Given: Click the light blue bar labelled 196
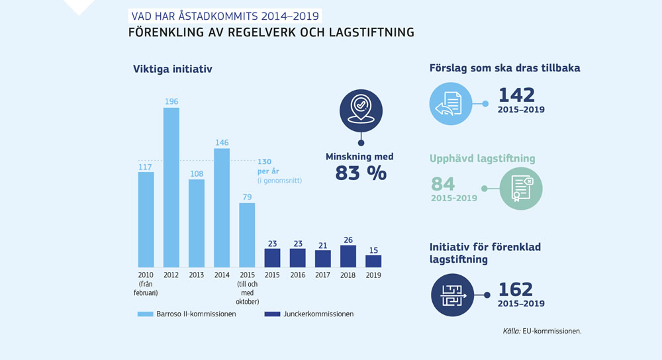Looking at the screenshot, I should [x=171, y=187].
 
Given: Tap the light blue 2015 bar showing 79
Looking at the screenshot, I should [x=247, y=234].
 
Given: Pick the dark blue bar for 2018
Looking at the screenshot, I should [x=348, y=256].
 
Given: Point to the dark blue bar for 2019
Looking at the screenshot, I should [x=373, y=261].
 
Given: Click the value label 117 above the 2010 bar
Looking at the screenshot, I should [x=146, y=167].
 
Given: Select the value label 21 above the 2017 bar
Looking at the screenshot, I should [x=323, y=245].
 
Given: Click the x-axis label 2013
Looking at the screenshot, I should [x=197, y=275].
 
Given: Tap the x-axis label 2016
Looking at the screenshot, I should [x=298, y=275].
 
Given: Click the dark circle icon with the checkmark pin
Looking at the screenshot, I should [x=361, y=109].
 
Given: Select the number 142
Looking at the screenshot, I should [x=516, y=95].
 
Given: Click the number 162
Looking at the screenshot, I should [x=515, y=289].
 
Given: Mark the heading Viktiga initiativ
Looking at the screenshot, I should [x=172, y=69].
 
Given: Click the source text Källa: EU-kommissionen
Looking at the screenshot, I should [x=542, y=330].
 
